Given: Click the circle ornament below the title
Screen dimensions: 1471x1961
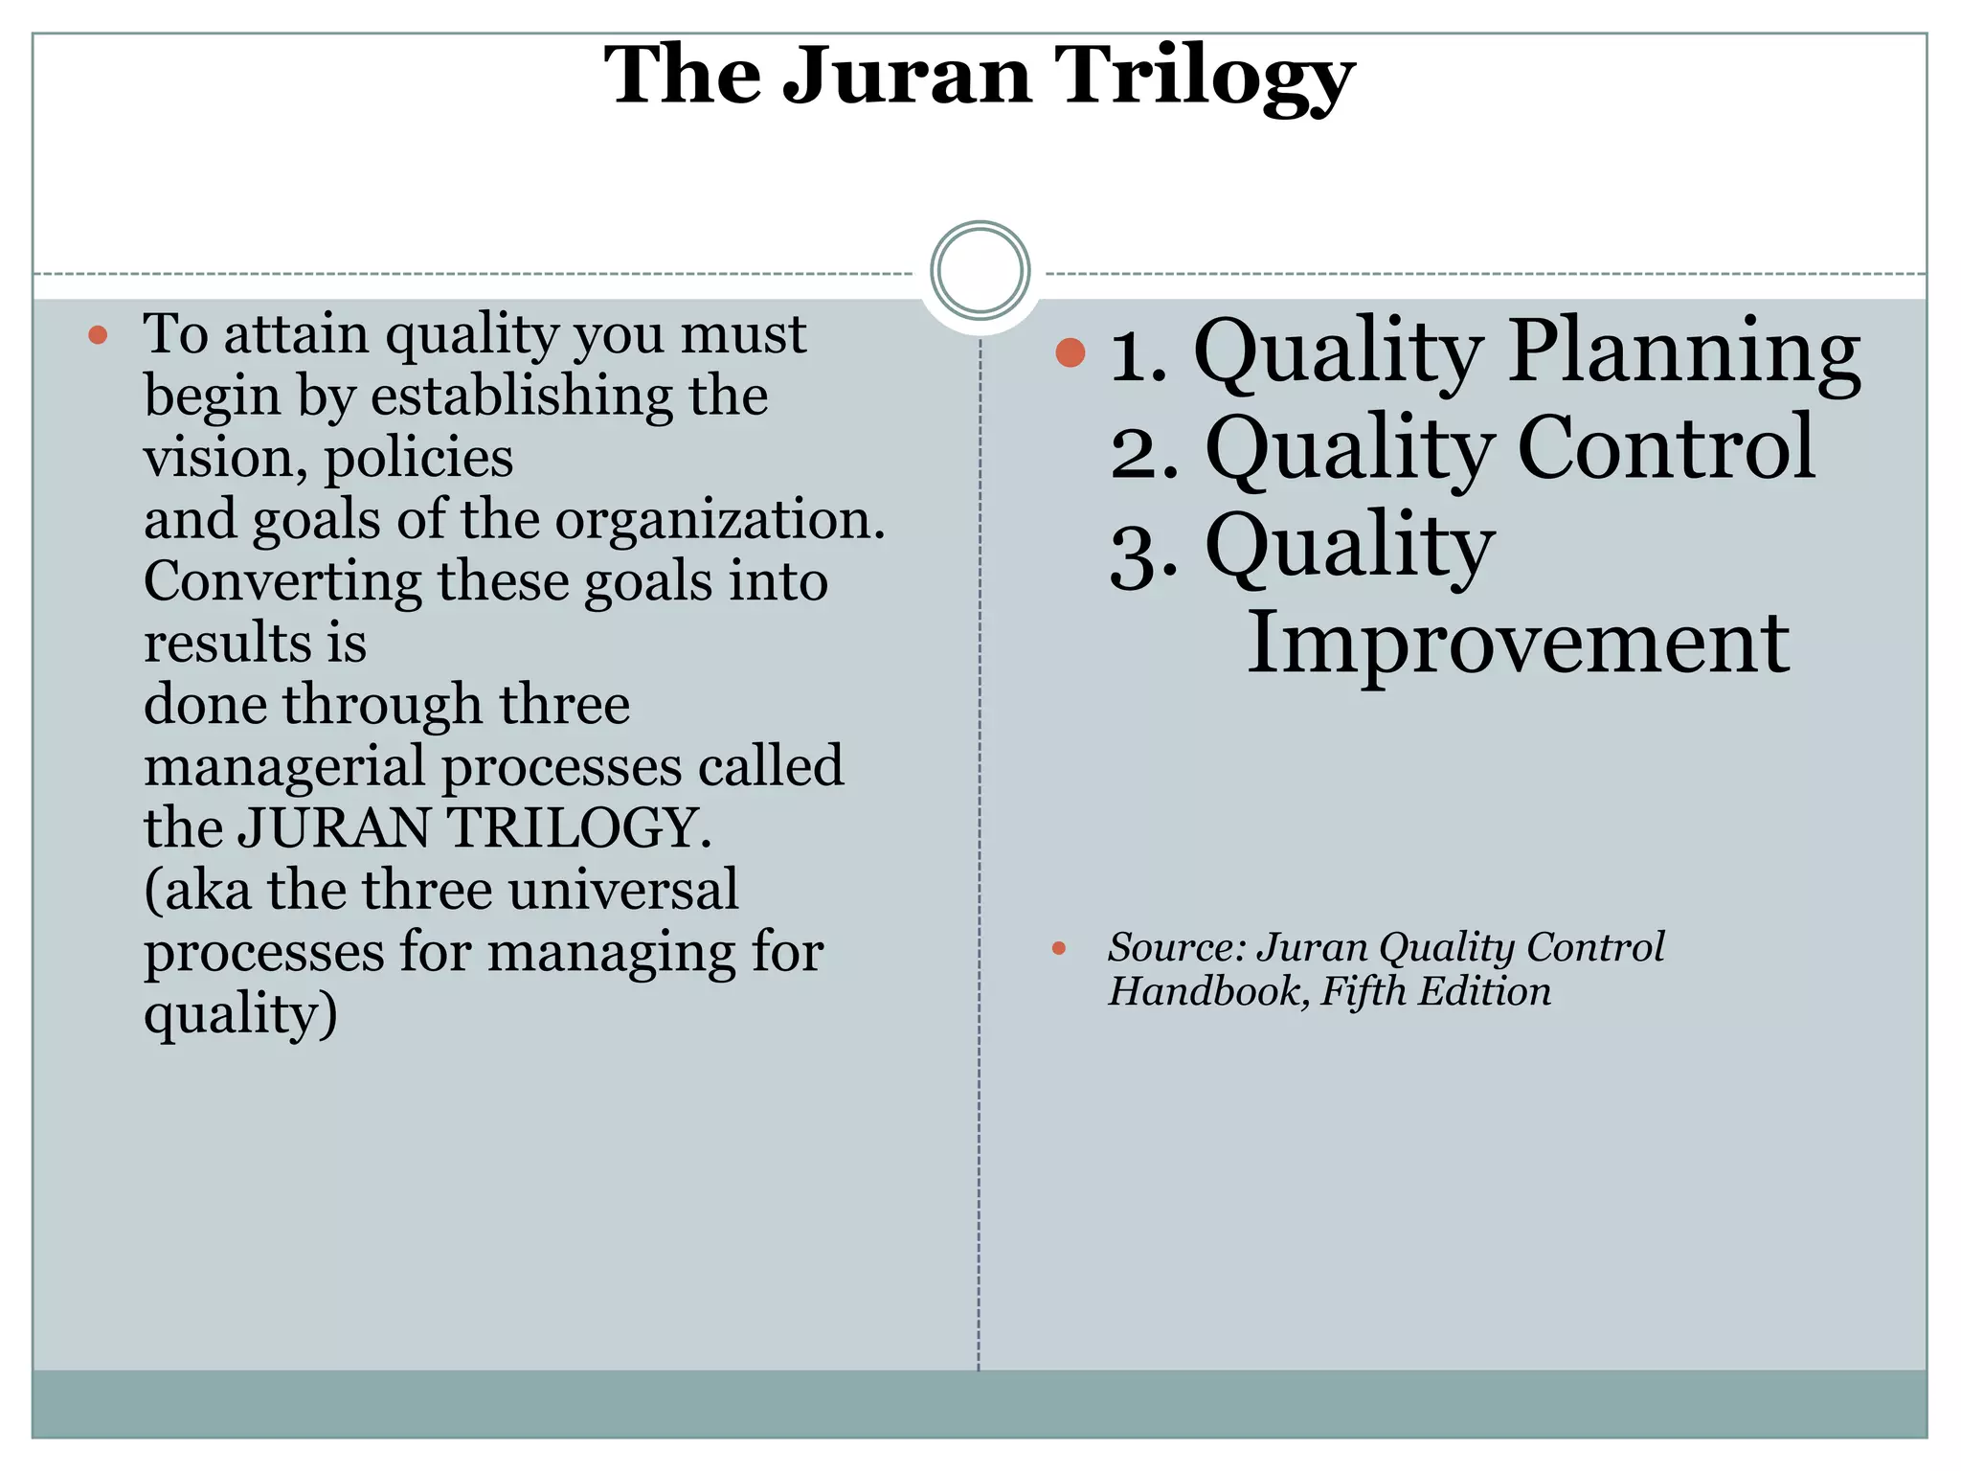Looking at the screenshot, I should click(x=980, y=270).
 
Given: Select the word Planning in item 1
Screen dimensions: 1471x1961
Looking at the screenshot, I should click(x=1684, y=352).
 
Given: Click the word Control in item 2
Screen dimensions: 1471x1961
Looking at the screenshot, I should click(x=1666, y=448).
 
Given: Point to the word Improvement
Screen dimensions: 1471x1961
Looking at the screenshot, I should click(x=1518, y=643).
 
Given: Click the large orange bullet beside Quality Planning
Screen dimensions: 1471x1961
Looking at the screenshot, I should click(x=1071, y=352).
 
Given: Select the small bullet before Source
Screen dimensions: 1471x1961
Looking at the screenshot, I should click(x=1058, y=948).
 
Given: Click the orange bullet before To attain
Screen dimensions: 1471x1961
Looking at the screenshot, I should click(x=98, y=335).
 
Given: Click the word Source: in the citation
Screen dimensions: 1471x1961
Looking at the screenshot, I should click(x=1177, y=947).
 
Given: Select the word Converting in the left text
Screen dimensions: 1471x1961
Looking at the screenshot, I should click(x=282, y=582).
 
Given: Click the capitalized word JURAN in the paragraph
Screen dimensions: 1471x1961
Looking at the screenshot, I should click(x=334, y=827).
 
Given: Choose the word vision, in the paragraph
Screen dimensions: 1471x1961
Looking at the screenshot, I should click(x=225, y=458).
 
